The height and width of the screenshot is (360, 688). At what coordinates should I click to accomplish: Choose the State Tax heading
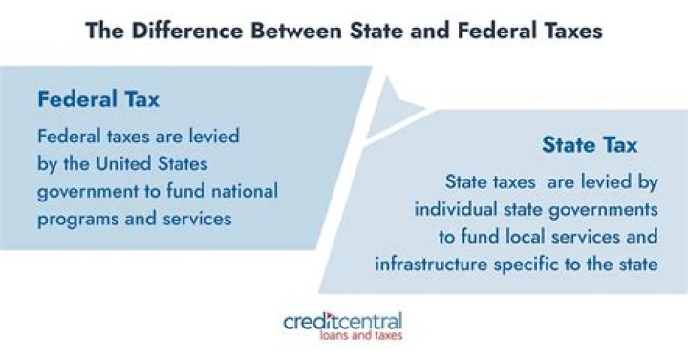pyautogui.click(x=590, y=145)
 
